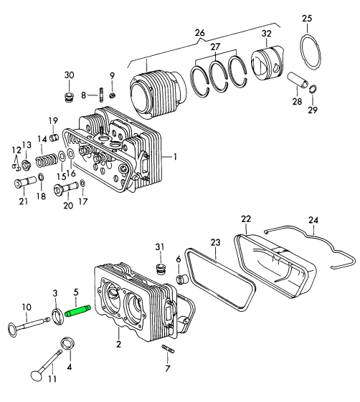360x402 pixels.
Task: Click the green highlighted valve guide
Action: point(77,310)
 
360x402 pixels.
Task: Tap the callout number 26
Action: point(199,33)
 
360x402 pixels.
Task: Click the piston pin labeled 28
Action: point(298,80)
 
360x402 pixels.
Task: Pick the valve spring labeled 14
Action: point(47,160)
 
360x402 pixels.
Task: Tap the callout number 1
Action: point(175,157)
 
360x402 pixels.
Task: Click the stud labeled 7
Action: point(168,349)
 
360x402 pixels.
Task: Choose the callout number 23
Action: point(216,242)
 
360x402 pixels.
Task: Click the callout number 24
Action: point(313,220)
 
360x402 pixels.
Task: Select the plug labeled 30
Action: point(69,97)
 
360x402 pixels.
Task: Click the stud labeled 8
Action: point(101,95)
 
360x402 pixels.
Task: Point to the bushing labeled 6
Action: point(182,279)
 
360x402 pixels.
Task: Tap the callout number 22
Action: point(246,219)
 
